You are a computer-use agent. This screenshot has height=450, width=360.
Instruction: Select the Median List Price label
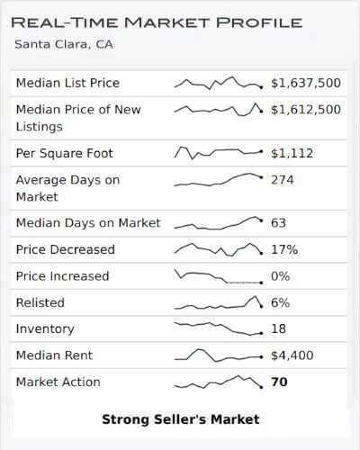67,83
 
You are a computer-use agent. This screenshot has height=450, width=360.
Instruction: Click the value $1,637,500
306,83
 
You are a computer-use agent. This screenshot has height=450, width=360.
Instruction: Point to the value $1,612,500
306,110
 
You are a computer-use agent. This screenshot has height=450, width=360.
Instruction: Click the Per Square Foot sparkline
218,152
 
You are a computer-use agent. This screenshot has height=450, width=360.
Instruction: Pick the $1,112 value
292,153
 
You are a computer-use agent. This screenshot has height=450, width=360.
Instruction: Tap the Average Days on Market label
67,188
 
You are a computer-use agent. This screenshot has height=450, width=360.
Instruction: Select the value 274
283,180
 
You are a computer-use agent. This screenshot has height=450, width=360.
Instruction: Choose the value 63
278,223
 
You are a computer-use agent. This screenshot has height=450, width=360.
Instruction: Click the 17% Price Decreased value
283,249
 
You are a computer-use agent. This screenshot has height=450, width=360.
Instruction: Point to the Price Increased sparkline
218,276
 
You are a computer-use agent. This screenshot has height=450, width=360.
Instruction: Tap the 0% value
280,276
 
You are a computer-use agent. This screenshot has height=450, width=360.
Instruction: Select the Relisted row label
40,302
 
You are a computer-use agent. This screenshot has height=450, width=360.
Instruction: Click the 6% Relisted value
280,302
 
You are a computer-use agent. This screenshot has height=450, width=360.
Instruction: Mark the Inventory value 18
278,329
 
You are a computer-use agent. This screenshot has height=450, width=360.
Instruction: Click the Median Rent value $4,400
292,355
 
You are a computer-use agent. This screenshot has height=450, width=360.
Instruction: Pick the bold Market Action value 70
279,382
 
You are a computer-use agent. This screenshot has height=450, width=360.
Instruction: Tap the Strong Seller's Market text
180,419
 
